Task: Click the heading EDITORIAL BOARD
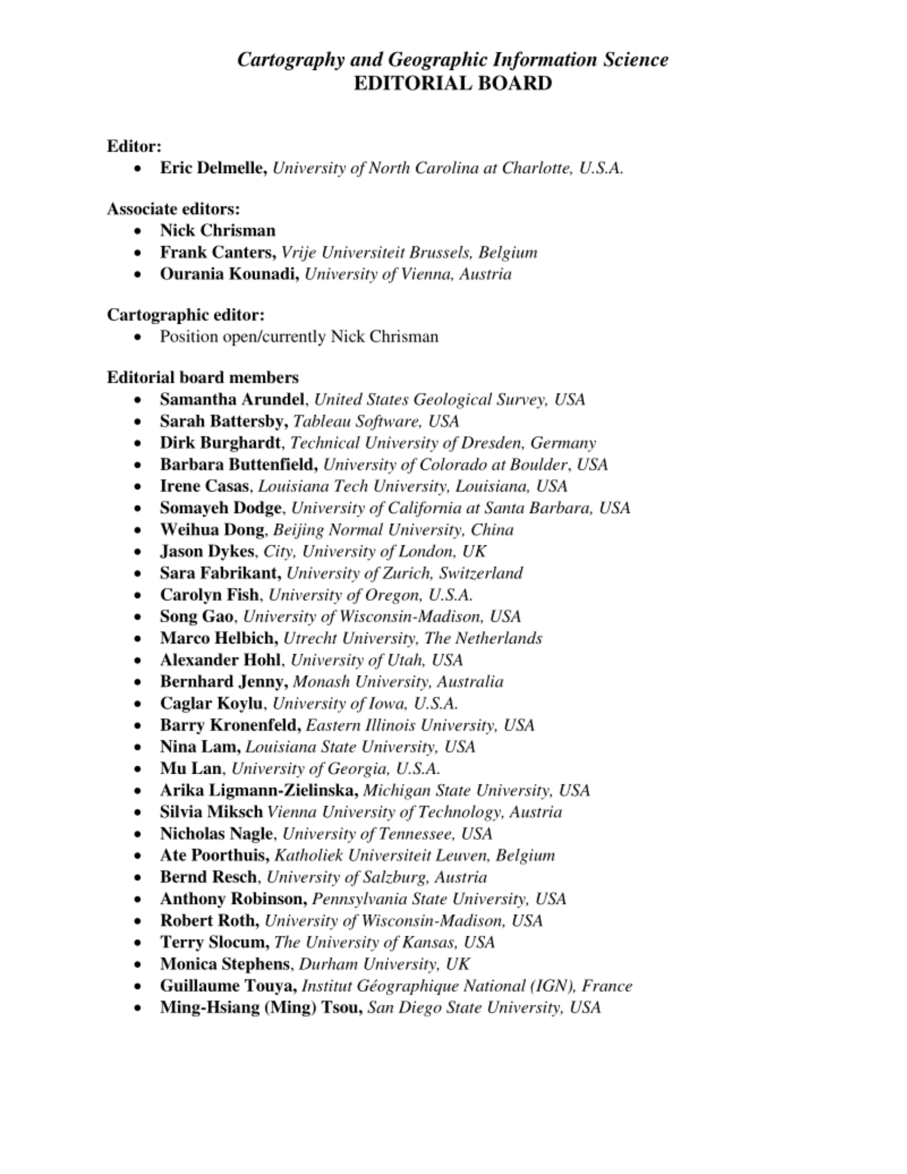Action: (453, 83)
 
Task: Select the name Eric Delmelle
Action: (213, 168)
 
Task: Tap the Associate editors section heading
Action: (173, 209)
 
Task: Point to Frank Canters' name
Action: (218, 252)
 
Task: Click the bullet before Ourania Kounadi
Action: (139, 274)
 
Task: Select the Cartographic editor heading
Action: (185, 314)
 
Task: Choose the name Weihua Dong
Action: (212, 530)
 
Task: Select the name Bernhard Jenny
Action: (224, 682)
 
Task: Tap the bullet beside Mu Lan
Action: (139, 769)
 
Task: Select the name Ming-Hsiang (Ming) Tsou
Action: (261, 1007)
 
